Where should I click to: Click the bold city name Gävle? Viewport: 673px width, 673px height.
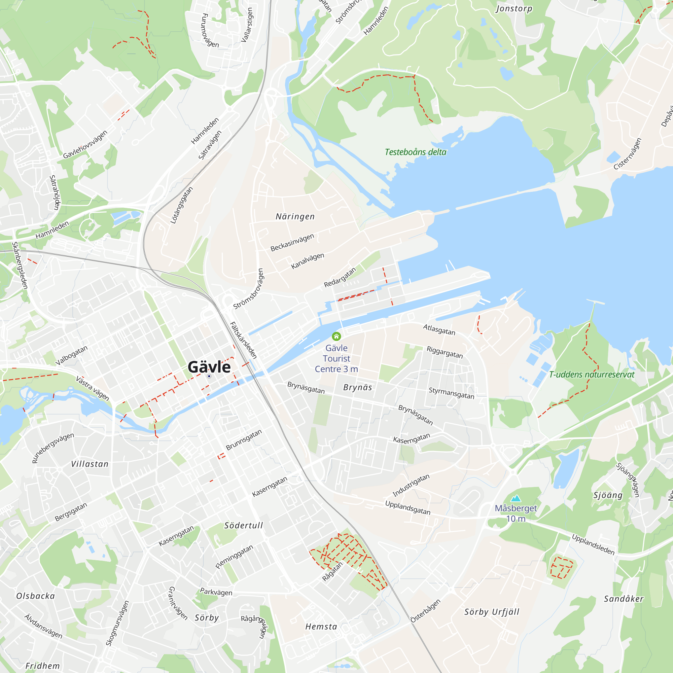pyautogui.click(x=209, y=367)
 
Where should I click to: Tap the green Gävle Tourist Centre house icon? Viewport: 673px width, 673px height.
pyautogui.click(x=336, y=336)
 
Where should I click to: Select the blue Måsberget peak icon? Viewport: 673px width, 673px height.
pyautogui.click(x=516, y=498)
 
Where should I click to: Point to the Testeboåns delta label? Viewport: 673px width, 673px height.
pyautogui.click(x=415, y=152)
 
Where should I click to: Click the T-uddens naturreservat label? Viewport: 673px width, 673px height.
pyautogui.click(x=592, y=375)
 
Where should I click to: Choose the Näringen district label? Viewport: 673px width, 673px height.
pyautogui.click(x=295, y=217)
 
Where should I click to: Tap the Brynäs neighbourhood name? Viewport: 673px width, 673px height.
pyautogui.click(x=357, y=387)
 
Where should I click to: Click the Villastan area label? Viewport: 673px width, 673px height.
pyautogui.click(x=90, y=464)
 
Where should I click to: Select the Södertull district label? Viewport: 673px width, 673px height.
pyautogui.click(x=244, y=525)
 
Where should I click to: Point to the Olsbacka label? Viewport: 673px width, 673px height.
pyautogui.click(x=36, y=596)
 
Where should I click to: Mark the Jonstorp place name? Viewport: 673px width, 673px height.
pyautogui.click(x=514, y=8)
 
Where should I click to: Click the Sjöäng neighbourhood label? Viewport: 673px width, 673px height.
pyautogui.click(x=608, y=495)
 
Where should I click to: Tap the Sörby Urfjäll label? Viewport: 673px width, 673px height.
pyautogui.click(x=492, y=612)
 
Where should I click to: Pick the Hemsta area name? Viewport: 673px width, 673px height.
pyautogui.click(x=321, y=627)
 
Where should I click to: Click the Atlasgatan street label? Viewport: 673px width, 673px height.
pyautogui.click(x=439, y=329)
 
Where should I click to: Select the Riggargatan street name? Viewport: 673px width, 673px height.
pyautogui.click(x=445, y=352)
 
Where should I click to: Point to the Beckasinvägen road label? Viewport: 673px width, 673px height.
pyautogui.click(x=292, y=242)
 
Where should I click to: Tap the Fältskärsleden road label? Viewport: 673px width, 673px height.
pyautogui.click(x=244, y=340)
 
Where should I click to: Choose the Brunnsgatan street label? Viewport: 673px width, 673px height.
pyautogui.click(x=244, y=440)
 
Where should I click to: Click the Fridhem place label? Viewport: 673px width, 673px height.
pyautogui.click(x=42, y=666)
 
